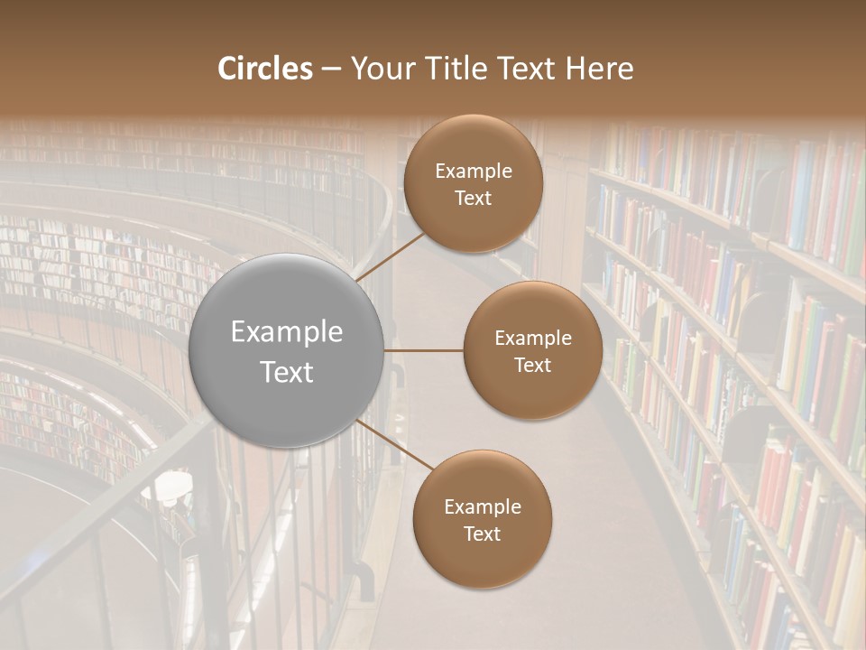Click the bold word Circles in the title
(x=265, y=69)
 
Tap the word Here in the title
(x=599, y=69)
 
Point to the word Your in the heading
(x=379, y=69)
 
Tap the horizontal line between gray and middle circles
(x=424, y=350)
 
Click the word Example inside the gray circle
(x=287, y=332)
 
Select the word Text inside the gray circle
(x=287, y=372)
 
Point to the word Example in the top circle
(x=474, y=172)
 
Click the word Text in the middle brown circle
(x=532, y=365)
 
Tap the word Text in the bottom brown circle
(x=482, y=534)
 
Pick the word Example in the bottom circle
(x=483, y=507)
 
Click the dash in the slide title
(x=330, y=70)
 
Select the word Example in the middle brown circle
(x=533, y=339)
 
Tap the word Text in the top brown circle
(x=473, y=198)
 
